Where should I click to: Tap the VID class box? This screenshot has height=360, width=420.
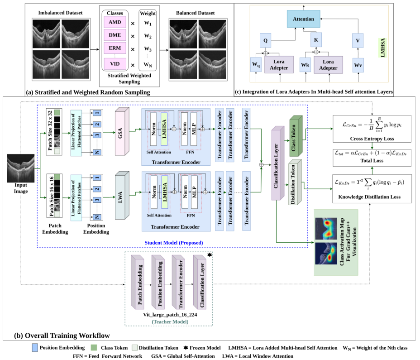pos(115,64)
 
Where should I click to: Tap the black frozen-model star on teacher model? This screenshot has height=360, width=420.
pos(210,256)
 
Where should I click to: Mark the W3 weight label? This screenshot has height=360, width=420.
pos(147,48)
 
